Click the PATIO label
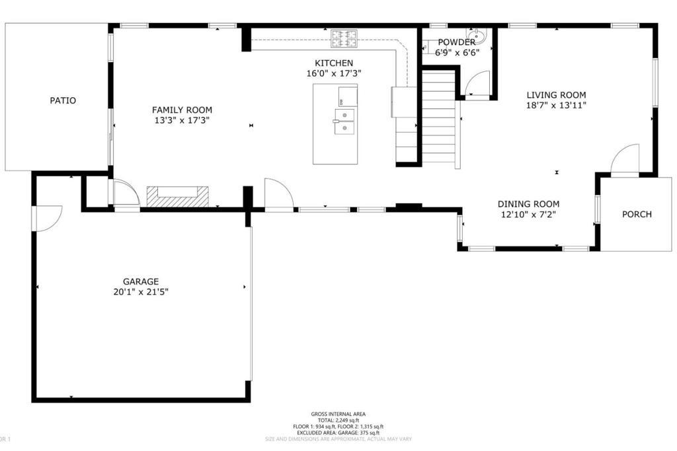point(63,100)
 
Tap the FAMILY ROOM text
point(182,110)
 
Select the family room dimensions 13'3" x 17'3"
point(182,120)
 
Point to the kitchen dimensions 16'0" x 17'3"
point(334,73)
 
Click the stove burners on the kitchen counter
point(344,38)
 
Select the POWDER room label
point(456,42)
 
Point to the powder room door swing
point(477,85)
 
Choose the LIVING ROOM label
point(556,94)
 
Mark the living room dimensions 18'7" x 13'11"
point(556,105)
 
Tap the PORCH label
point(637,214)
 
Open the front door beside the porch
point(624,160)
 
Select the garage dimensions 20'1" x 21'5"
point(140,291)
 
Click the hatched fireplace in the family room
point(177,196)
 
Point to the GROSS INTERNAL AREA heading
point(338,413)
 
